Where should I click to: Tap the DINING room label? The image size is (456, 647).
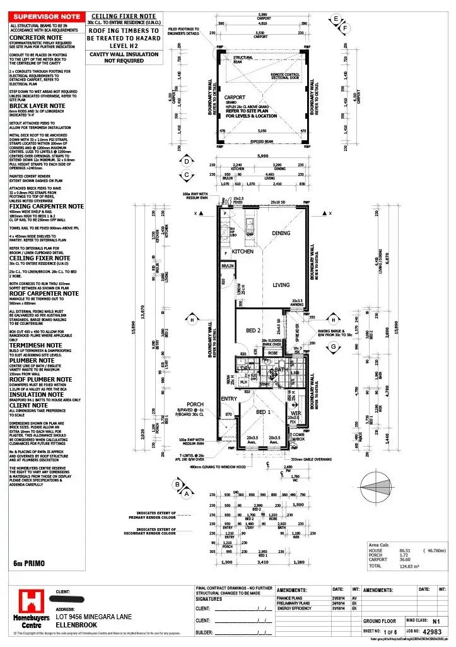tap(281, 233)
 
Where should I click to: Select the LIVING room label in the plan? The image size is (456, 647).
tap(281, 285)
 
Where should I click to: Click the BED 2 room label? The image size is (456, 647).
tap(254, 330)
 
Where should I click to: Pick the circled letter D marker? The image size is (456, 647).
tap(187, 161)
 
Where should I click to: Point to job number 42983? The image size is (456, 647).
tap(433, 631)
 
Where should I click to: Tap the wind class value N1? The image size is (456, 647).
tap(435, 621)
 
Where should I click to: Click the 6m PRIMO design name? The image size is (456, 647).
tap(28, 562)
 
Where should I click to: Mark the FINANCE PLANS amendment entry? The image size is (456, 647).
tap(293, 597)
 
